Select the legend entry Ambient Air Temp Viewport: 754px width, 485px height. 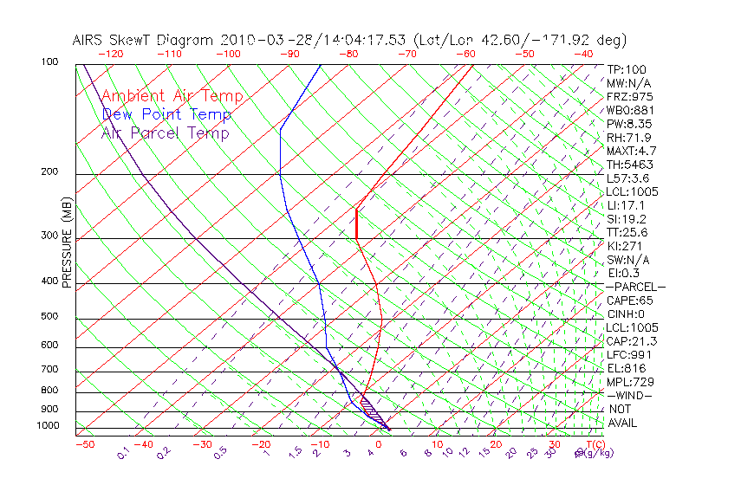tap(172, 96)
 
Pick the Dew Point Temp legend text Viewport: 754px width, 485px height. tap(166, 114)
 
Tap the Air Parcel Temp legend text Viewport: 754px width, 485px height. tap(165, 133)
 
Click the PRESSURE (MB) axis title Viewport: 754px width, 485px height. tap(67, 245)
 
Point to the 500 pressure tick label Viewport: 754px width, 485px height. tap(52, 317)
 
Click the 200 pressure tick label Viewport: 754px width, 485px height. tap(52, 172)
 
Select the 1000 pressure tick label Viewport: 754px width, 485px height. tap(49, 426)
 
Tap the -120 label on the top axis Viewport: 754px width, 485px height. tap(110, 54)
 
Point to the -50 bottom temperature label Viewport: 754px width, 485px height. tap(84, 444)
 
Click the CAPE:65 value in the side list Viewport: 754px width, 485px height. tap(630, 301)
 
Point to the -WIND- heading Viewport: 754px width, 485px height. tap(631, 395)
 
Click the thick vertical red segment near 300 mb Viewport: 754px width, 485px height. tap(356, 223)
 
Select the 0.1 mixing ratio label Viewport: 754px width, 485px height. tap(123, 452)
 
